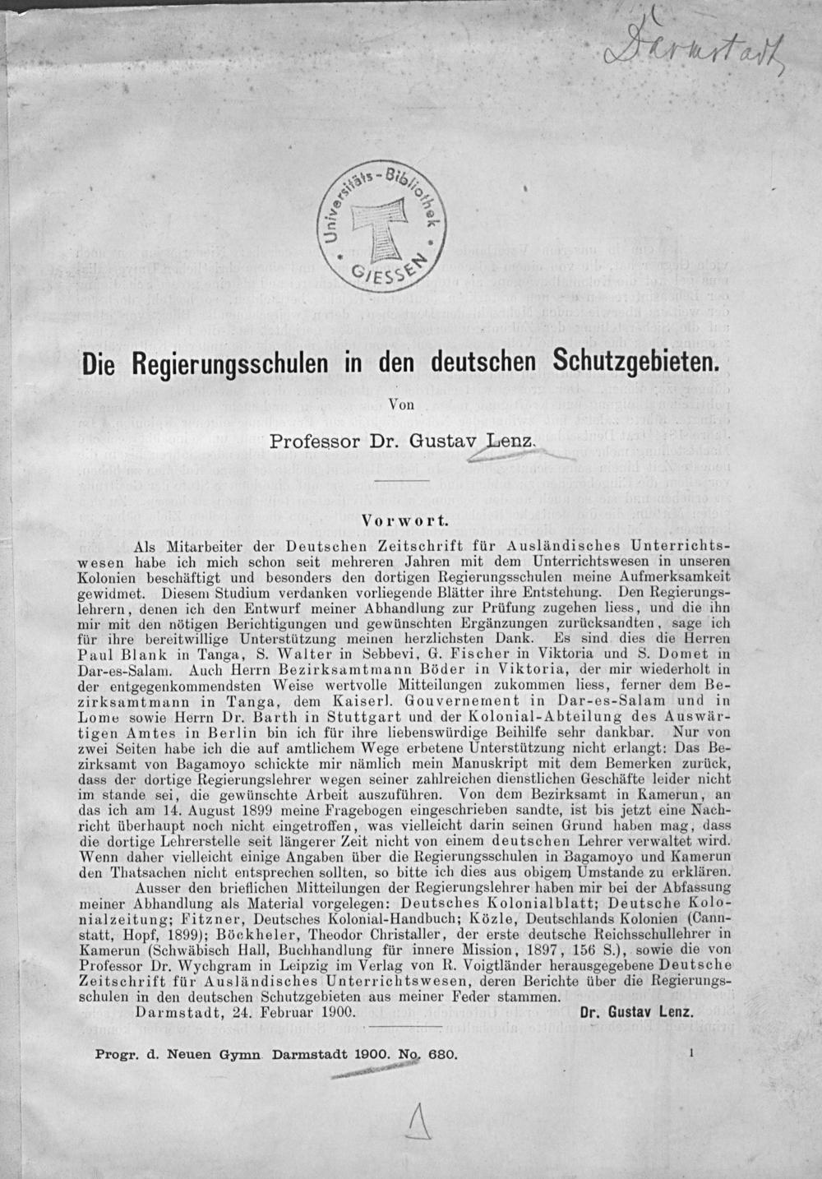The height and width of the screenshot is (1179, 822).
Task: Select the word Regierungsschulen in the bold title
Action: pyautogui.click(x=227, y=363)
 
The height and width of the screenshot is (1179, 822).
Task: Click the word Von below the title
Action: pyautogui.click(x=399, y=403)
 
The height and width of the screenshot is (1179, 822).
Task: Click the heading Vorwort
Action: pyautogui.click(x=403, y=520)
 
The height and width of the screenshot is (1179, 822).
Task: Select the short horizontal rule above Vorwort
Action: pyautogui.click(x=401, y=479)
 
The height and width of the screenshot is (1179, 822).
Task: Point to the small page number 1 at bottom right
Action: pyautogui.click(x=694, y=1052)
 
